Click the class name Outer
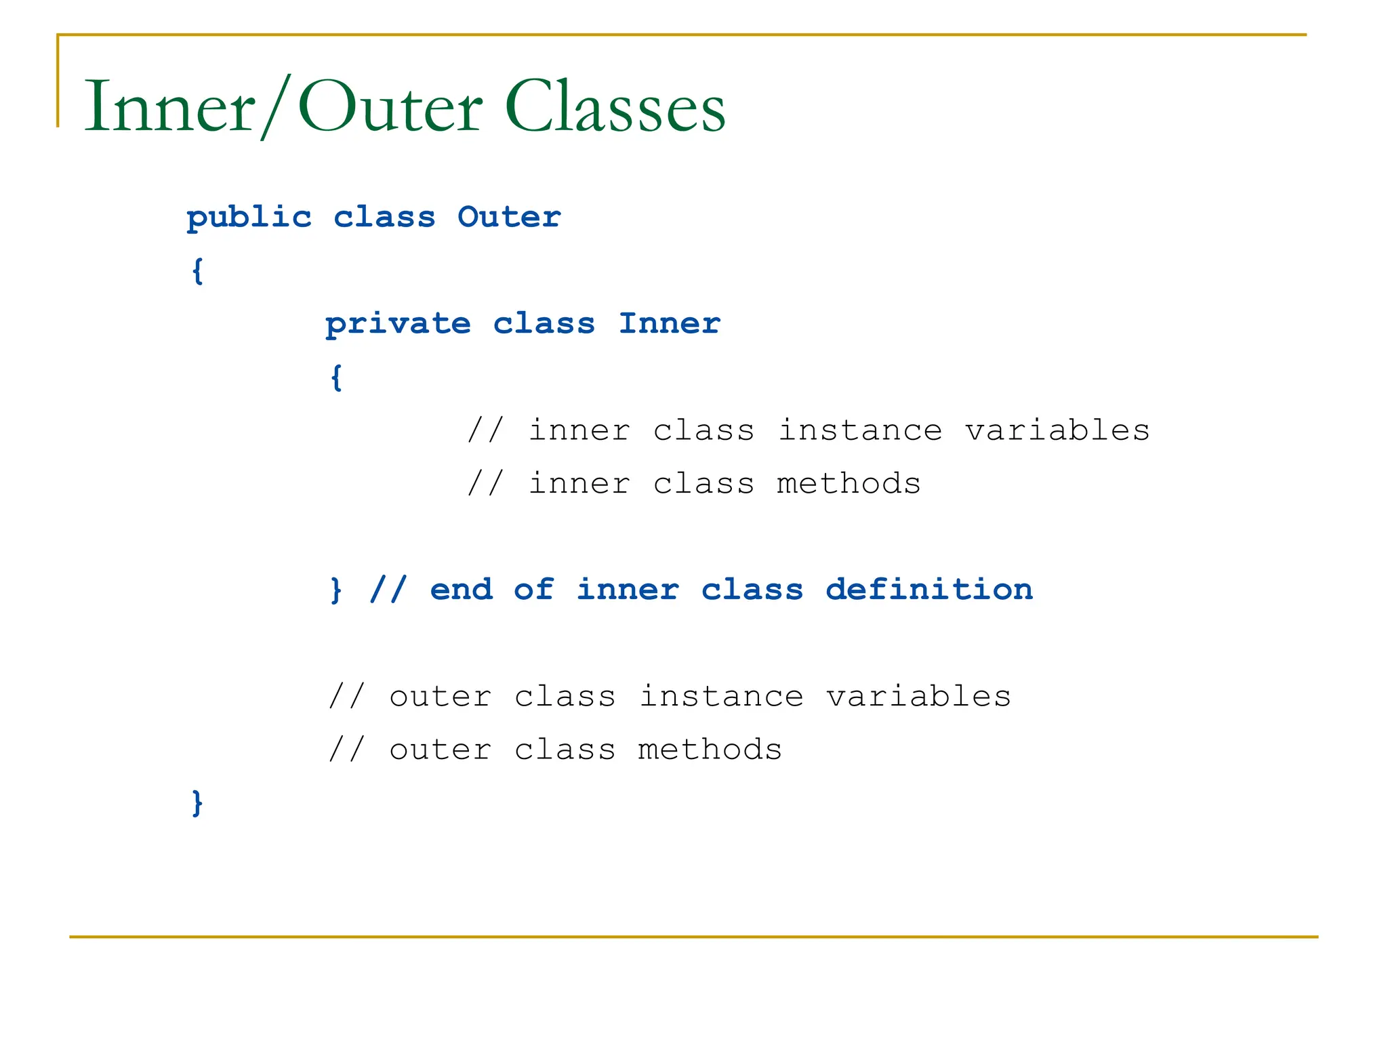(509, 217)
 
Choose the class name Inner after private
(669, 323)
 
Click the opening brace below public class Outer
(197, 271)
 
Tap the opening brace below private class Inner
(336, 377)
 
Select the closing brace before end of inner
(335, 590)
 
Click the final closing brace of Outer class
(197, 802)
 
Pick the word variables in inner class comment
(1057, 430)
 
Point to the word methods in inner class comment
(849, 484)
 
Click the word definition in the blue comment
(929, 590)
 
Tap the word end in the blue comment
(461, 590)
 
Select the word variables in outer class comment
(918, 697)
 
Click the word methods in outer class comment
(710, 750)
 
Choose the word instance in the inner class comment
(859, 430)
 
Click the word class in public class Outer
(384, 217)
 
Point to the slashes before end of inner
(388, 590)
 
